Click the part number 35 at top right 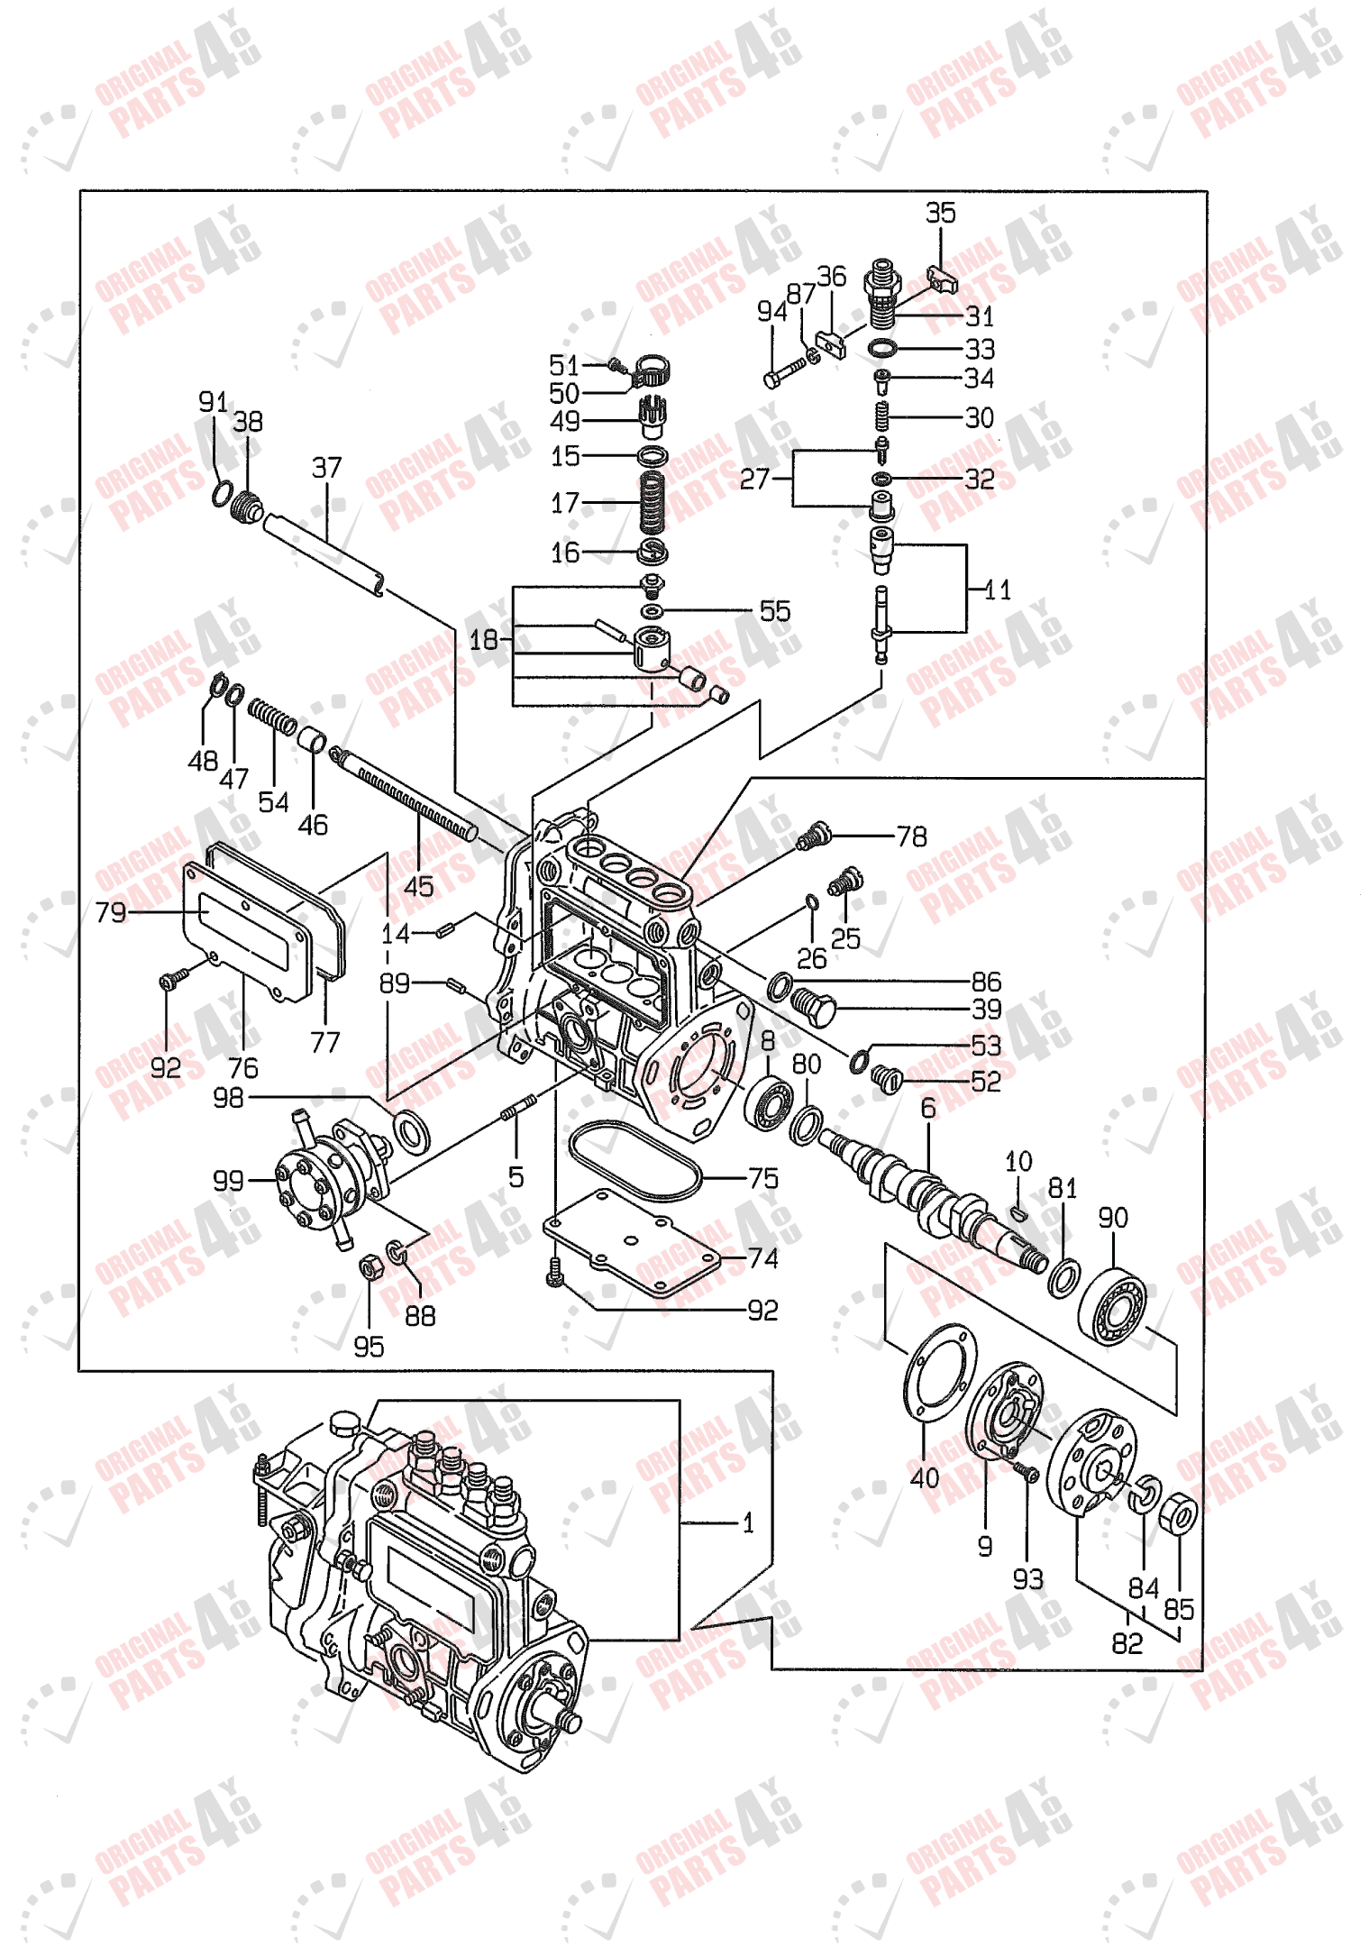coord(940,214)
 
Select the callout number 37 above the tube coord(326,468)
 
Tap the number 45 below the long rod coord(418,886)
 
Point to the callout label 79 coord(111,912)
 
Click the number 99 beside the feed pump coord(228,1180)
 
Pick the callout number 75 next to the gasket coord(762,1178)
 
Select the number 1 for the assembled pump coord(747,1523)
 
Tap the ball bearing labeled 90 coord(1114,1305)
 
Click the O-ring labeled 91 coord(221,493)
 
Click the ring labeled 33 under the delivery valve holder coord(882,349)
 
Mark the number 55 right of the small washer coord(775,611)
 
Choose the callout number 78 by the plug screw coord(911,836)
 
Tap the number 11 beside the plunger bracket coord(997,590)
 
